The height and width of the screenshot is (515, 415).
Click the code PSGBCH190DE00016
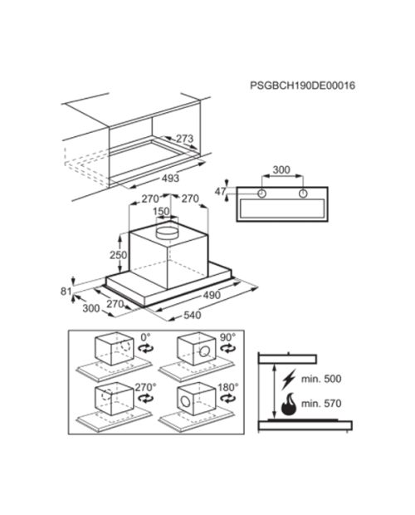click(x=302, y=86)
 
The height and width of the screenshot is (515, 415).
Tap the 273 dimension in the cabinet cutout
click(x=185, y=138)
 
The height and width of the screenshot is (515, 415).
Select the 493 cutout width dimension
click(x=171, y=179)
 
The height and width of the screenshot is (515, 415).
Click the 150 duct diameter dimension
click(x=161, y=211)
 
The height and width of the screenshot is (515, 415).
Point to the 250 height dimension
click(x=118, y=254)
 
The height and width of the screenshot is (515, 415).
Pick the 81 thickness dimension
click(x=66, y=291)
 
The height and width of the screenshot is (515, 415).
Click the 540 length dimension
click(x=193, y=315)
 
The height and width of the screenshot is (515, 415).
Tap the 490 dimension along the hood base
click(x=212, y=295)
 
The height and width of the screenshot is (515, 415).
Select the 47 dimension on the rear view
click(x=221, y=192)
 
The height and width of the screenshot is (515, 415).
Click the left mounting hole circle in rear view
click(x=261, y=194)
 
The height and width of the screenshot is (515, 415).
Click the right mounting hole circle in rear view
click(x=303, y=194)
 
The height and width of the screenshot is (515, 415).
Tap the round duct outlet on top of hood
click(x=166, y=232)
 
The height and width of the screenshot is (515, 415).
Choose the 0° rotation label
click(x=145, y=337)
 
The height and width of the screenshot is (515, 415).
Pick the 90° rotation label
click(x=227, y=337)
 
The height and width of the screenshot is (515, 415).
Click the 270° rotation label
click(x=145, y=387)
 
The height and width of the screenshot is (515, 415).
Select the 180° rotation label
click(x=228, y=387)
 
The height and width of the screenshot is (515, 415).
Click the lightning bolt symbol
click(x=289, y=379)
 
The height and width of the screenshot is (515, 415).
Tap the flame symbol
click(x=289, y=404)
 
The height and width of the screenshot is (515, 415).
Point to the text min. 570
click(x=321, y=404)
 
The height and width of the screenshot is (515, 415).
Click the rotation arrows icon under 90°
click(x=228, y=348)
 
